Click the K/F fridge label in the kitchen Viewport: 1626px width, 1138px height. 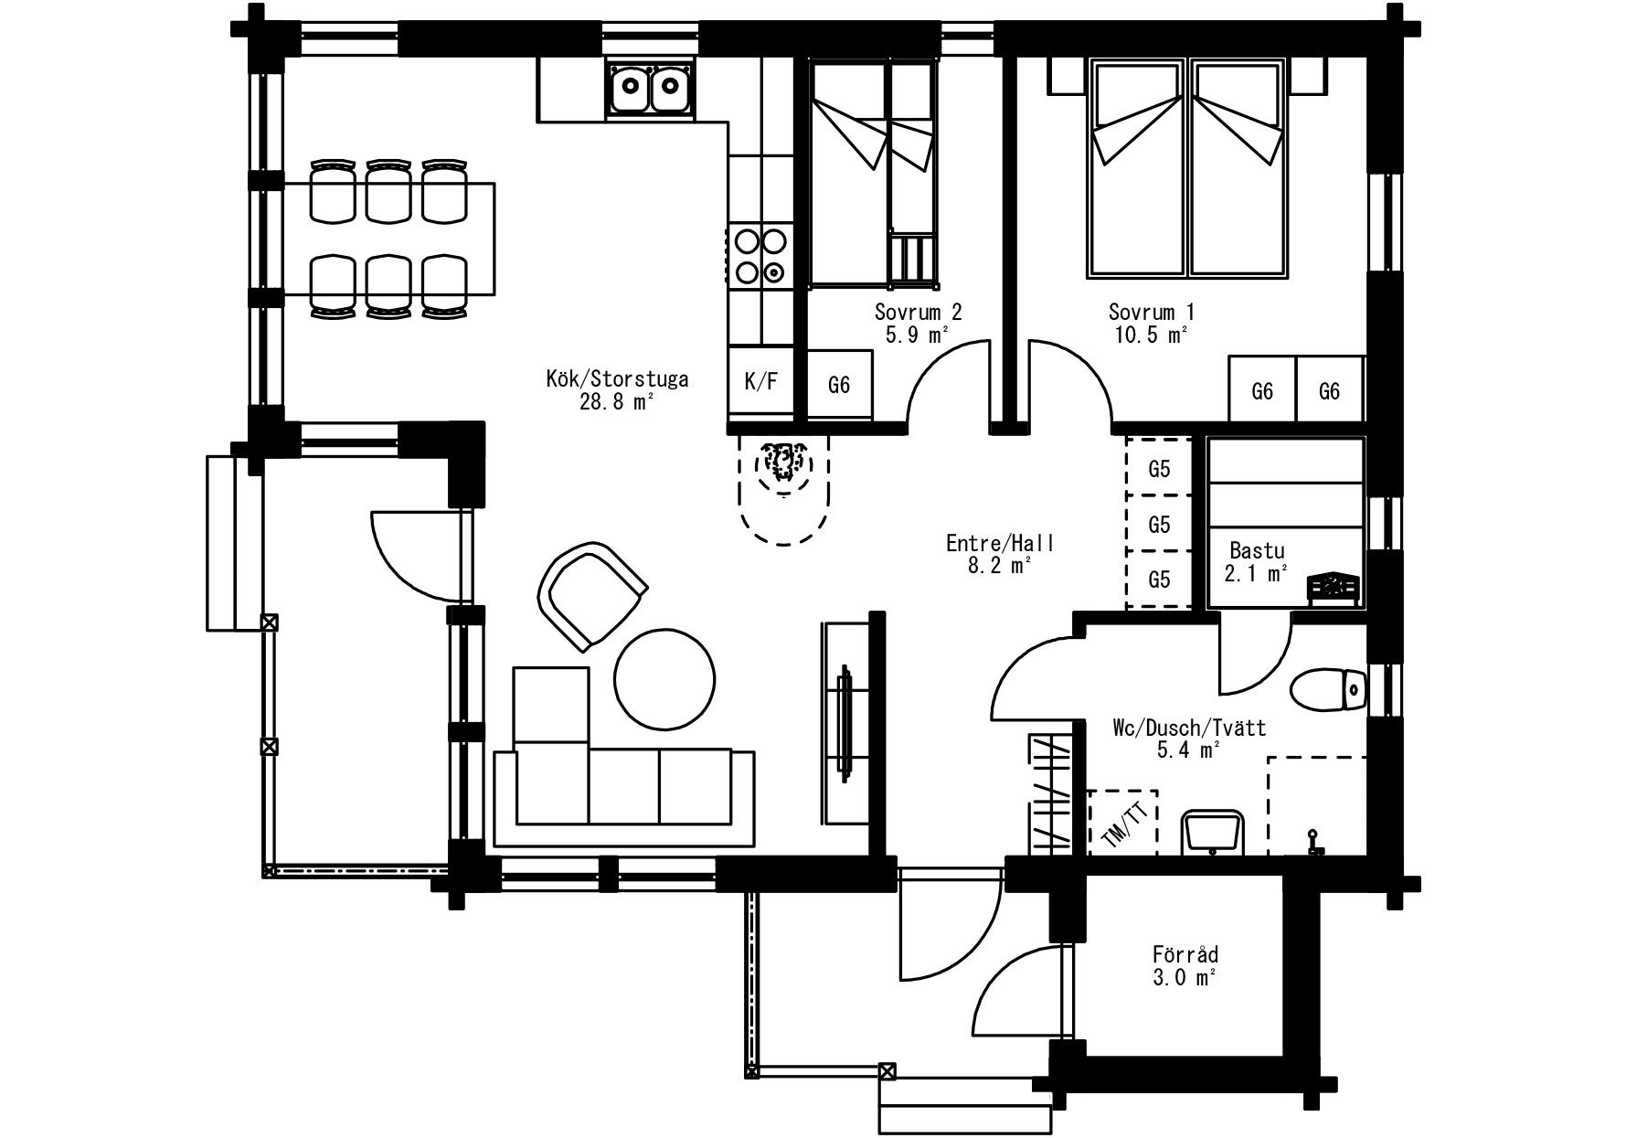(x=760, y=381)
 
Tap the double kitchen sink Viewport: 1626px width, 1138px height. (x=649, y=88)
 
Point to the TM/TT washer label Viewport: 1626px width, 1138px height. (x=1122, y=823)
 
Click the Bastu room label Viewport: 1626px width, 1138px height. (x=1257, y=551)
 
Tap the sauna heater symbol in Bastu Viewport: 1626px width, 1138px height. (x=1334, y=590)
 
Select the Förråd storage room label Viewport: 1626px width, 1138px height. (x=1185, y=955)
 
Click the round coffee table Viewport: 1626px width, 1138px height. (x=664, y=678)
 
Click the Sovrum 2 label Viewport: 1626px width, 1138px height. (x=918, y=313)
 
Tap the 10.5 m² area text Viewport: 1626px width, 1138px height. (x=1151, y=335)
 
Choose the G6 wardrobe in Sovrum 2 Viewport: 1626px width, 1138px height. (x=839, y=385)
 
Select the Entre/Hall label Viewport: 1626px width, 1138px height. (x=1000, y=544)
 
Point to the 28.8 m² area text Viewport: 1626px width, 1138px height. (x=616, y=401)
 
